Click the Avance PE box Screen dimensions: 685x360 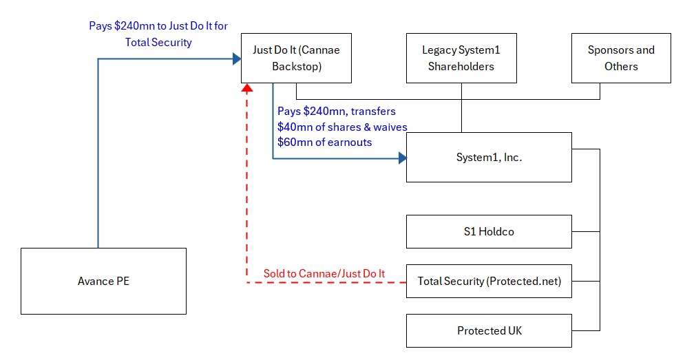pos(103,281)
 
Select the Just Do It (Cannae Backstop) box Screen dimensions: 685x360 pos(296,58)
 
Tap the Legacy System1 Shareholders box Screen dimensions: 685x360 pos(461,58)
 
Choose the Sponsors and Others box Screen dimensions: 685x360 pos(621,58)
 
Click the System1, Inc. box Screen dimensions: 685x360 pos(489,157)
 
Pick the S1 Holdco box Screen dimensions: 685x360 pos(489,231)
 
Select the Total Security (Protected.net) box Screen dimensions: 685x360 pos(489,281)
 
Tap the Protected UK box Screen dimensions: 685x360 pos(489,330)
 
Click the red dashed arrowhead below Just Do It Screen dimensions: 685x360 pos(247,88)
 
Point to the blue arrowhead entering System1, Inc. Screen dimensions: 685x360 pos(403,158)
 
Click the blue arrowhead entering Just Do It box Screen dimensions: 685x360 pos(238,59)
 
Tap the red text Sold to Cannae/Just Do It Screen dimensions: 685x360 pos(324,274)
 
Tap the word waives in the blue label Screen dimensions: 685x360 pos(390,127)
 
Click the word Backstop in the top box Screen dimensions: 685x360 pos(297,66)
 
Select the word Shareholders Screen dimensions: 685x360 pos(461,66)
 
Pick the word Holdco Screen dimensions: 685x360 pos(496,231)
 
